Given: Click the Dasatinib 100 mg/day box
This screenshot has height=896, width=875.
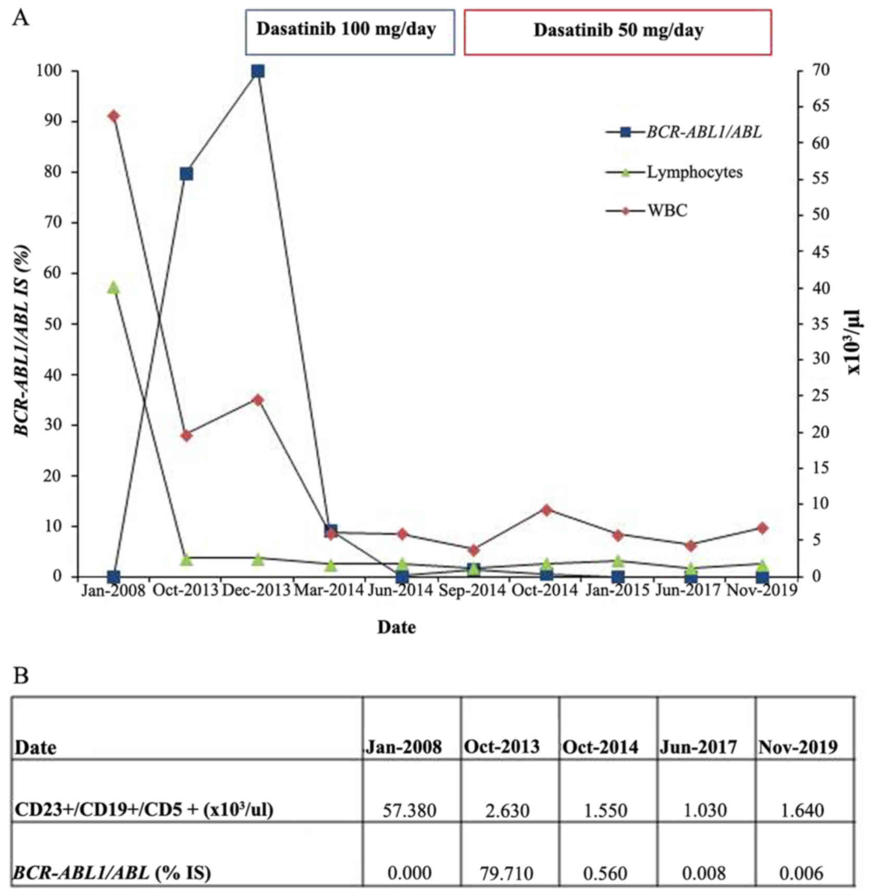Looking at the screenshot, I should click(350, 31).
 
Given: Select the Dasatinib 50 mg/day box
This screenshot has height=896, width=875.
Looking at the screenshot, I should click(618, 31).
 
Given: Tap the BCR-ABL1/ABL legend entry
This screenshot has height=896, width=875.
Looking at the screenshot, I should click(703, 133).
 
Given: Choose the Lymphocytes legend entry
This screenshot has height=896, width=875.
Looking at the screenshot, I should click(694, 172).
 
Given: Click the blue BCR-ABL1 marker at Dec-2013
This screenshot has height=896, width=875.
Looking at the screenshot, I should click(258, 71).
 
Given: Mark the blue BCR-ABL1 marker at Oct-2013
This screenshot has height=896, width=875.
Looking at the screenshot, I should click(186, 174).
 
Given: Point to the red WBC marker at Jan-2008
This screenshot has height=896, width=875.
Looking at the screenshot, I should click(114, 115).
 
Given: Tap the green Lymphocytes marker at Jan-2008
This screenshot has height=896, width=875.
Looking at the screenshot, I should click(114, 288).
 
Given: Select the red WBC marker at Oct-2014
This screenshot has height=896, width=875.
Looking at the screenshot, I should click(546, 510).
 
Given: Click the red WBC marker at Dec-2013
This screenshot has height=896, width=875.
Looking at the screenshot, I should click(258, 400).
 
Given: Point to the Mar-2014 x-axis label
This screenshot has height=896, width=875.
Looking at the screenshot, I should click(329, 591).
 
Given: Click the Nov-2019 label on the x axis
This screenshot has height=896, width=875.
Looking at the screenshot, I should click(762, 591).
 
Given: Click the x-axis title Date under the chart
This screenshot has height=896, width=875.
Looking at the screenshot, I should click(397, 627).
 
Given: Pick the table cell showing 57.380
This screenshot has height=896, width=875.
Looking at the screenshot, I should click(410, 810).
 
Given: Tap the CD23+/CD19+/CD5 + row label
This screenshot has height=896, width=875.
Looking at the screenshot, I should click(144, 809).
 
